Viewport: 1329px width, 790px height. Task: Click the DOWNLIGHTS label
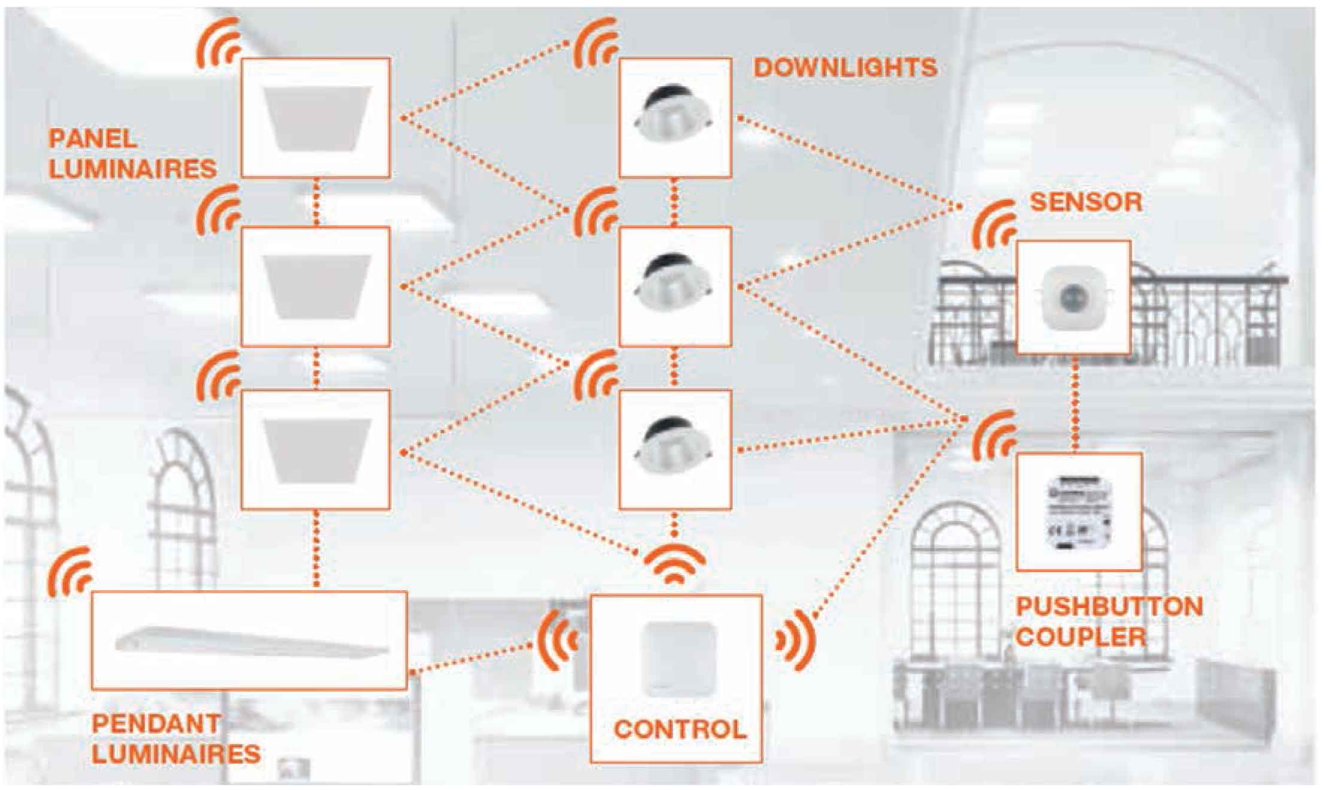(845, 68)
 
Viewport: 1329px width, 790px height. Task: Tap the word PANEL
(93, 139)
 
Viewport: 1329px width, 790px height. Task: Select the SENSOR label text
(1085, 202)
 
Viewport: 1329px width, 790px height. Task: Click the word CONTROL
(680, 729)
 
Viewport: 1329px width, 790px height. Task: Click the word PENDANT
(156, 724)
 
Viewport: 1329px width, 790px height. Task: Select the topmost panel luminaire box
(315, 118)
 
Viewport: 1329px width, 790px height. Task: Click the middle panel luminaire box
(315, 287)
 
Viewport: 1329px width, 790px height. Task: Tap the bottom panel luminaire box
(315, 450)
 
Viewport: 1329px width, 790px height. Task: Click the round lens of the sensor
(1073, 296)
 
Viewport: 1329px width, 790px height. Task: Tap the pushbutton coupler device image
(1078, 512)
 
